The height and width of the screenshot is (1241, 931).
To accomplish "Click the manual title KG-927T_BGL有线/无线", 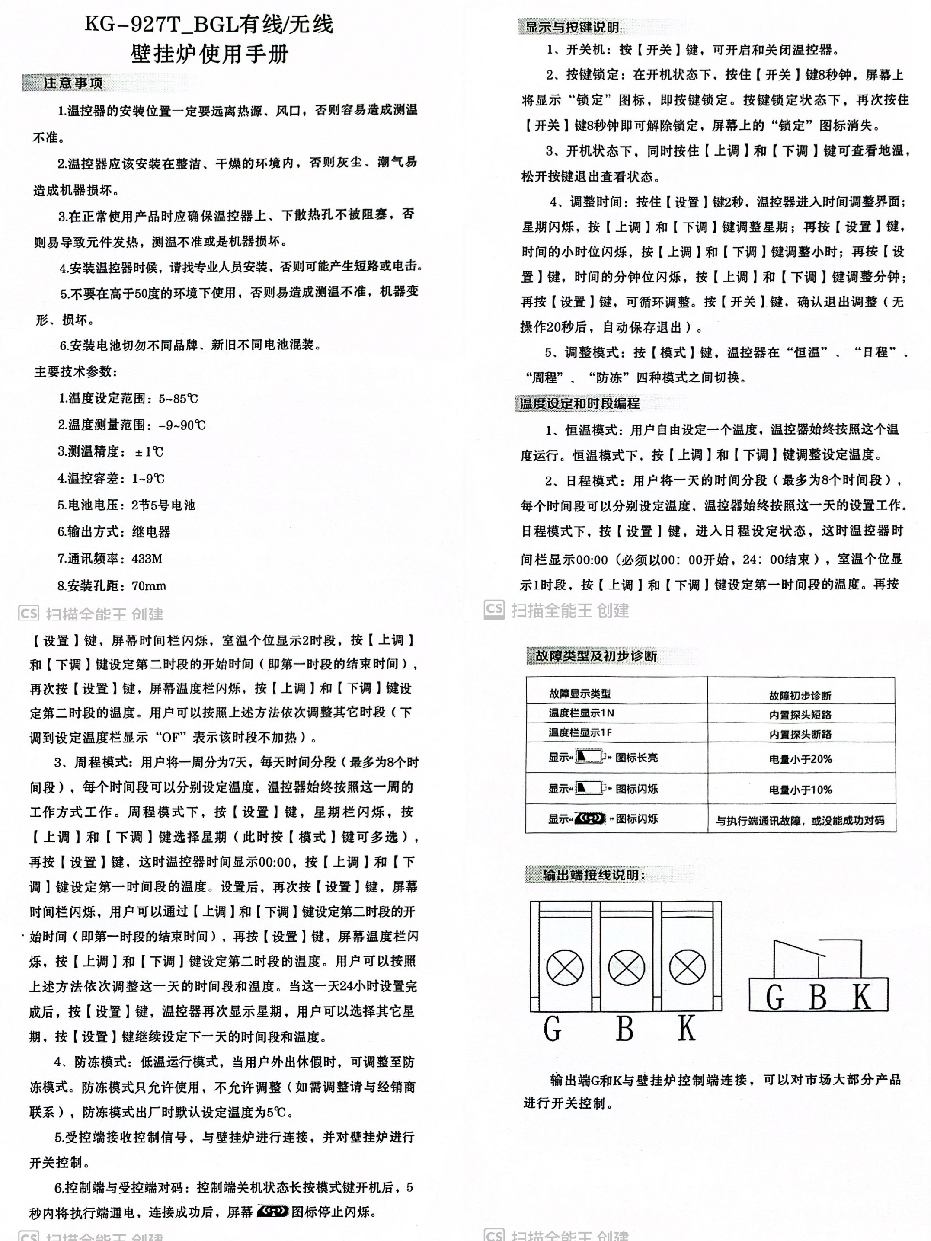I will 209,25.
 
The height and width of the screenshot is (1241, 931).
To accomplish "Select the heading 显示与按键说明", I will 571,27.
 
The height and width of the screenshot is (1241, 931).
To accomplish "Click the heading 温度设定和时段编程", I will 579,403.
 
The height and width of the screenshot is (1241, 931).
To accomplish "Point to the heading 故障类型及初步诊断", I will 595,655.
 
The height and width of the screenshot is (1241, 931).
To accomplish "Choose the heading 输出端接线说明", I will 593,875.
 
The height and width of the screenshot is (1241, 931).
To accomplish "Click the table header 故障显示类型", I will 580,693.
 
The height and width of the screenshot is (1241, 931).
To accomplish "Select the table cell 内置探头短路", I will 800,715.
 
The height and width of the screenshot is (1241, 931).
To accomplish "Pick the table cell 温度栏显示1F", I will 580,732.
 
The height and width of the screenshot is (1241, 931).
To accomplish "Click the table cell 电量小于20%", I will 800,759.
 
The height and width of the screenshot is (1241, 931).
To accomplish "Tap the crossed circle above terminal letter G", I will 564,967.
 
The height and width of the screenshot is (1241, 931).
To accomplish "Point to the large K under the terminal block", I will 686,1028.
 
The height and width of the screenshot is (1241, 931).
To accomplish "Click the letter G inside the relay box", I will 774,998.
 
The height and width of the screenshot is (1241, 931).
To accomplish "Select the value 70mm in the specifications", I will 149,586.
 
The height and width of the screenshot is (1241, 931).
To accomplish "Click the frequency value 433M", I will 147,559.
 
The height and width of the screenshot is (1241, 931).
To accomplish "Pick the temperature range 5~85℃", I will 178,399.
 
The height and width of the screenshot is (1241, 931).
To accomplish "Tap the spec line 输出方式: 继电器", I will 113,532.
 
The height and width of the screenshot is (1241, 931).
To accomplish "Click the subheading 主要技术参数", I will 76,372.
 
